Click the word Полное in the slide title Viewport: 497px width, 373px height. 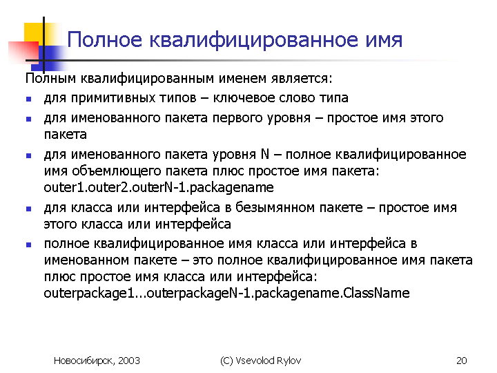pyautogui.click(x=105, y=40)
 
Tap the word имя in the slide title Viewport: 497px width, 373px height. pyautogui.click(x=384, y=41)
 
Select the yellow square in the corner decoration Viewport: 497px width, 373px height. pyautogui.click(x=34, y=32)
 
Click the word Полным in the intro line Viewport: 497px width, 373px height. pyautogui.click(x=50, y=78)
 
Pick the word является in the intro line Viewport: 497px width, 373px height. pyautogui.click(x=302, y=79)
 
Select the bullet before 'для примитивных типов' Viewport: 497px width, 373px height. pyautogui.click(x=28, y=99)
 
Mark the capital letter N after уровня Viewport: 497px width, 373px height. pyautogui.click(x=265, y=155)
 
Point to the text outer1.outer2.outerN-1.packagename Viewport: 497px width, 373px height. pyautogui.click(x=159, y=187)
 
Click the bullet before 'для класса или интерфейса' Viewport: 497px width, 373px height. pyautogui.click(x=28, y=209)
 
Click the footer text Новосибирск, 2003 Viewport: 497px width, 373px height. pyautogui.click(x=97, y=361)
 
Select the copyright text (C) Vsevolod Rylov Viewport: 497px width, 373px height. pyautogui.click(x=260, y=361)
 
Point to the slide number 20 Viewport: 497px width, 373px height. pyautogui.click(x=462, y=361)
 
